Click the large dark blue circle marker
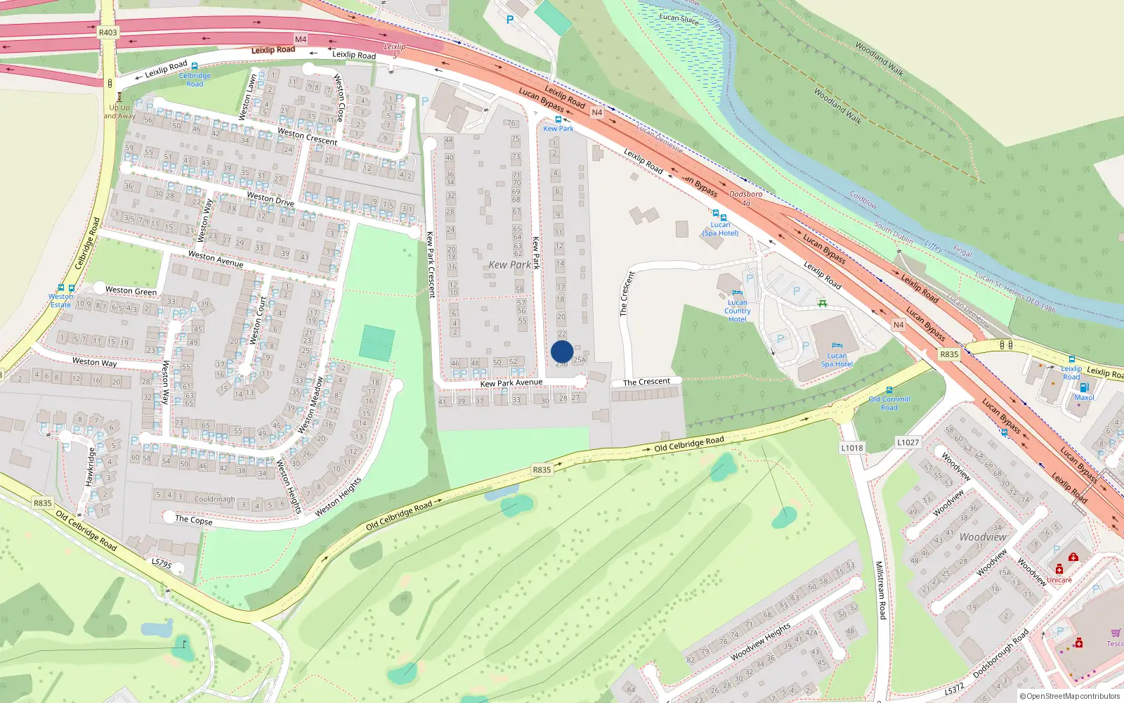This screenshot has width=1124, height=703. click(562, 351)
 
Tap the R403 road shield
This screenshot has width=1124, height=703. click(108, 32)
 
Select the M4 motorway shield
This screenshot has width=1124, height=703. click(301, 39)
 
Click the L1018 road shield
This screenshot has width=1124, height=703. click(852, 448)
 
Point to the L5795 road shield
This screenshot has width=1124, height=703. click(162, 563)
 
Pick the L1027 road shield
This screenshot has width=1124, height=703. click(908, 442)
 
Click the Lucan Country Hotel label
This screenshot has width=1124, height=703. click(737, 311)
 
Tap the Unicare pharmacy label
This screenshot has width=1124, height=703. click(1059, 580)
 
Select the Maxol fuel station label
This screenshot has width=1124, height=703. click(1084, 397)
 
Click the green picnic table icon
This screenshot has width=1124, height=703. click(822, 304)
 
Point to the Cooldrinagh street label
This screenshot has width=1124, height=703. click(214, 499)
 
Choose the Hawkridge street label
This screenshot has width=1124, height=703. click(90, 467)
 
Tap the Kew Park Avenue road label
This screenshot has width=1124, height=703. click(511, 383)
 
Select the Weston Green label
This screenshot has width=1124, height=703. click(131, 290)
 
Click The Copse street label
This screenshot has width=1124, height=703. click(194, 520)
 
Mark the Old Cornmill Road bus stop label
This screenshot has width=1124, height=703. click(889, 403)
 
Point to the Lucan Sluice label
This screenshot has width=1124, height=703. click(679, 19)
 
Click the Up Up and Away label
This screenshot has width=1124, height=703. click(119, 112)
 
